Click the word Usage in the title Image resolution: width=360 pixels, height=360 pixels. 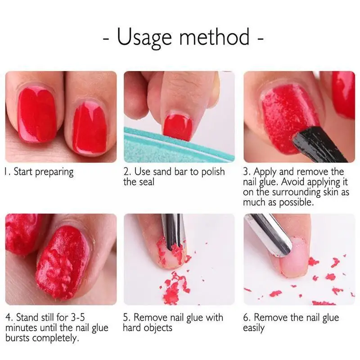click(x=143, y=37)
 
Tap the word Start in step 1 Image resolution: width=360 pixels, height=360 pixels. click(x=24, y=171)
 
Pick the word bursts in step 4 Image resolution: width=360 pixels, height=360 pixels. click(x=18, y=338)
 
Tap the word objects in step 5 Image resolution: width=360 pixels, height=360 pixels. click(x=157, y=328)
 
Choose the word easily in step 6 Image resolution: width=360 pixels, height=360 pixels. click(x=254, y=328)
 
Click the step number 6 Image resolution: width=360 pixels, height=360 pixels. click(x=246, y=317)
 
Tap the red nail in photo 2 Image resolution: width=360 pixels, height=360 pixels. click(x=177, y=127)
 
